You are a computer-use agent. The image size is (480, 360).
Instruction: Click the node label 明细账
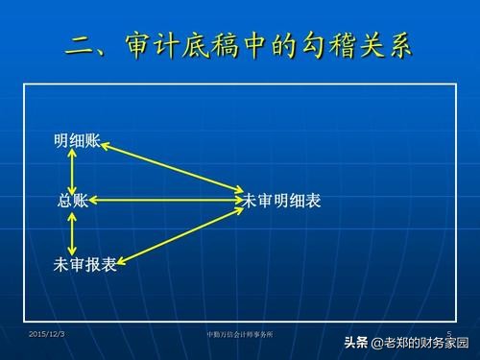pyautogui.click(x=77, y=142)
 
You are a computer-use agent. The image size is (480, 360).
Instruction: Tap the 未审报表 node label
pyautogui.click(x=85, y=265)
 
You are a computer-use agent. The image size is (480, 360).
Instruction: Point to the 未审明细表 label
pyautogui.click(x=282, y=201)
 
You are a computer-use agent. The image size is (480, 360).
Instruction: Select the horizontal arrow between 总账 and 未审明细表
pyautogui.click(x=164, y=201)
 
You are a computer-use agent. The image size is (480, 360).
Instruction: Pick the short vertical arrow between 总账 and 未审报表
pyautogui.click(x=72, y=233)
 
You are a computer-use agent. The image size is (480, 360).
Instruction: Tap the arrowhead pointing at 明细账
pyautogui.click(x=105, y=145)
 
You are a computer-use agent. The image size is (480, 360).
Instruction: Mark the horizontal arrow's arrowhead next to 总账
pyautogui.click(x=96, y=201)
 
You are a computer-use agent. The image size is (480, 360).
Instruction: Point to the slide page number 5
pyautogui.click(x=449, y=331)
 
